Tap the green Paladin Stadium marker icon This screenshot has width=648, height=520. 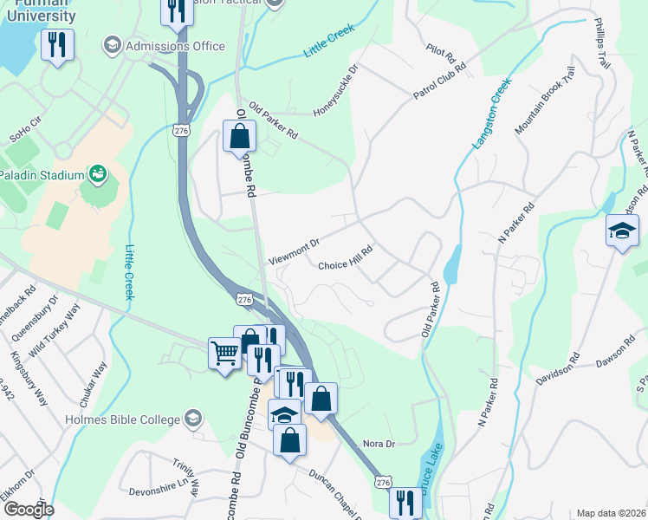pyautogui.click(x=98, y=174)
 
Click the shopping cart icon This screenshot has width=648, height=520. pyautogui.click(x=224, y=353)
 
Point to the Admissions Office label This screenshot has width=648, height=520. pyautogui.click(x=176, y=45)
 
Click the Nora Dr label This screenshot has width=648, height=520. pyautogui.click(x=379, y=444)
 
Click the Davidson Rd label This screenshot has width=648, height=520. pyautogui.click(x=556, y=368)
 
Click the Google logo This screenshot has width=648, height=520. pyautogui.click(x=29, y=510)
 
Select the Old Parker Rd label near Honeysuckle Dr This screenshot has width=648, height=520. pyautogui.click(x=273, y=121)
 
